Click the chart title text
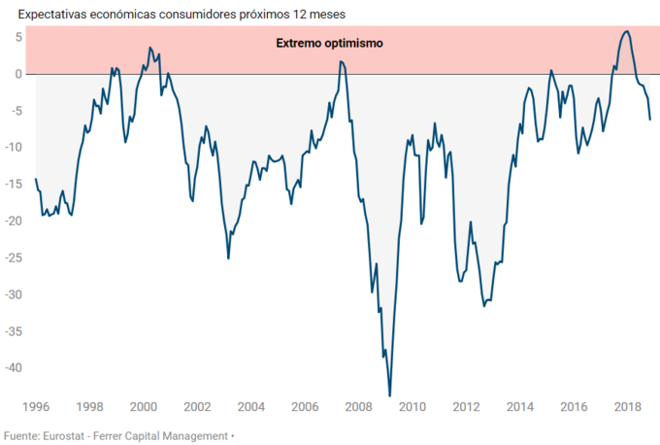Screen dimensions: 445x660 175,15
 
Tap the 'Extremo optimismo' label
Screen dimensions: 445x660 329,44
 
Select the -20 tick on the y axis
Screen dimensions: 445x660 12,221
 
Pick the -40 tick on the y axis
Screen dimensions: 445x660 12,368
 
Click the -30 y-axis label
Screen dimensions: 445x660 12,294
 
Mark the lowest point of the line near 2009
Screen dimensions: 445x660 389,395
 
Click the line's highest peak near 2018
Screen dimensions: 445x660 626,31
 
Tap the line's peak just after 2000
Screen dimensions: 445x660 149,47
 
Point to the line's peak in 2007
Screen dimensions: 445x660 341,61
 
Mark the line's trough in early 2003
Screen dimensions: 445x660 228,257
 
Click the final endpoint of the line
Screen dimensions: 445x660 650,120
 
